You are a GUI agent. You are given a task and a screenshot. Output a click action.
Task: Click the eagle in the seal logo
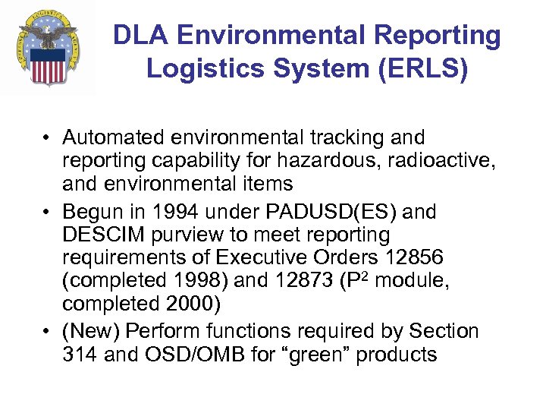49,34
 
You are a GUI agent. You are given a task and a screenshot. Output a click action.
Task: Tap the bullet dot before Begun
47,212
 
